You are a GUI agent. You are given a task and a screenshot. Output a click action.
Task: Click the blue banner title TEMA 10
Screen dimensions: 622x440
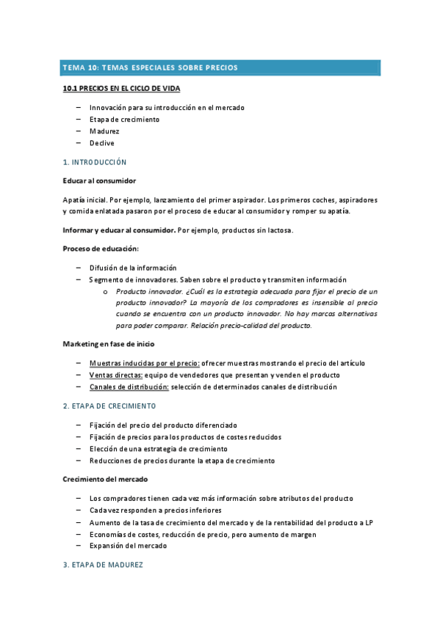[x=150, y=67]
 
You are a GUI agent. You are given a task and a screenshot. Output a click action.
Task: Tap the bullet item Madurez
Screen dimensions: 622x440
[x=104, y=131]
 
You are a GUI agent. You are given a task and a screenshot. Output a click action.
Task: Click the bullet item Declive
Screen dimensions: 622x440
[x=102, y=143]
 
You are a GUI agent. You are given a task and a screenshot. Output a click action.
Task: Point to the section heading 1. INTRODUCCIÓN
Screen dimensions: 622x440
[x=95, y=161]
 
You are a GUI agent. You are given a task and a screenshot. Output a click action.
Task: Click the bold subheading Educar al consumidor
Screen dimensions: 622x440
[x=99, y=180]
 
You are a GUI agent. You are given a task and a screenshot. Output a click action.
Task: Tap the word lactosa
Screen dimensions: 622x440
[x=279, y=230]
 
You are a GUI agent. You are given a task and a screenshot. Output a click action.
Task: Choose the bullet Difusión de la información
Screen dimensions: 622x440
[x=133, y=268]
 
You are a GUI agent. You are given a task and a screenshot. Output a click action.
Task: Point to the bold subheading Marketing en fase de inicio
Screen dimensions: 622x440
[x=108, y=344]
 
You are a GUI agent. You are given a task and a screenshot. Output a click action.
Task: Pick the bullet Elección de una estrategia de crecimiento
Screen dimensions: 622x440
[x=158, y=449]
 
